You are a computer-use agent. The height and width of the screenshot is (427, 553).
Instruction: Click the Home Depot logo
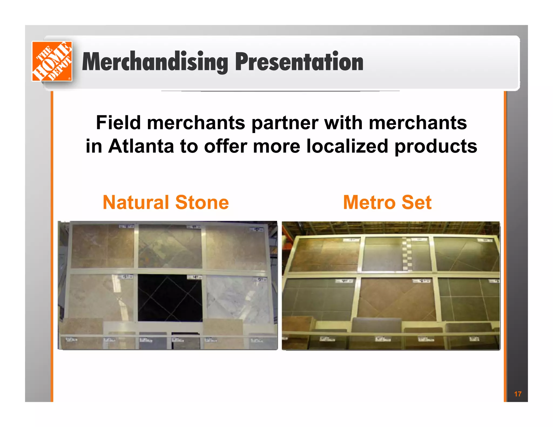pos(52,61)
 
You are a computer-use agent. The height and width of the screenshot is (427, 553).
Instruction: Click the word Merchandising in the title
pos(155,62)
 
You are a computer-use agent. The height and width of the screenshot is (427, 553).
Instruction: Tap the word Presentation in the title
pos(299,62)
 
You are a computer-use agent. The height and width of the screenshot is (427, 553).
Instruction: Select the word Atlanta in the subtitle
pos(141,146)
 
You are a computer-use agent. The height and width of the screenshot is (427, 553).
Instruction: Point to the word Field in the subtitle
pos(118,123)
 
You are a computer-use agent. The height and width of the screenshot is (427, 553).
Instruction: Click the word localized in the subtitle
pos(347,146)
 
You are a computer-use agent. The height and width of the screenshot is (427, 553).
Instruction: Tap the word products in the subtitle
pos(436,146)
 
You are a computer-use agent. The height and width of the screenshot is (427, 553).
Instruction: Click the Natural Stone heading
pos(166,202)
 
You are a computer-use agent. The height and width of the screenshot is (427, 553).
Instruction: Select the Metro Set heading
pos(387,202)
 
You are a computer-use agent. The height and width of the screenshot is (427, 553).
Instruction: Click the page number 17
pos(518,394)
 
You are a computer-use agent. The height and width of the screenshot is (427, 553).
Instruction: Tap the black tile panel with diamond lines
pos(170,298)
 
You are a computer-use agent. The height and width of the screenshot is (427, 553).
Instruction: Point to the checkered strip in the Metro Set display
pos(407,254)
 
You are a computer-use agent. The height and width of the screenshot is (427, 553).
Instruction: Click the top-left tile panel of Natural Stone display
pos(103,246)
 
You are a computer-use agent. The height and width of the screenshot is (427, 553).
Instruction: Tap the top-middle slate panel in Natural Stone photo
pos(170,246)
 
